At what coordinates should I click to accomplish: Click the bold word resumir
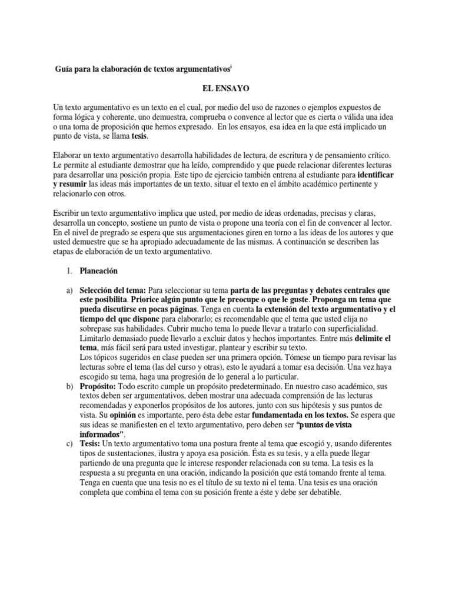(x=87, y=185)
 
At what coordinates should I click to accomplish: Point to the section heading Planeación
(x=99, y=271)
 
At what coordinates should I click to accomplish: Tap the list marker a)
(x=68, y=290)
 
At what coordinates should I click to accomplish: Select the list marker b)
(x=68, y=386)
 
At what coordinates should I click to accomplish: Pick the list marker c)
(x=68, y=443)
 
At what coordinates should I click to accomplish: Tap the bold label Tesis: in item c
(x=92, y=443)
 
